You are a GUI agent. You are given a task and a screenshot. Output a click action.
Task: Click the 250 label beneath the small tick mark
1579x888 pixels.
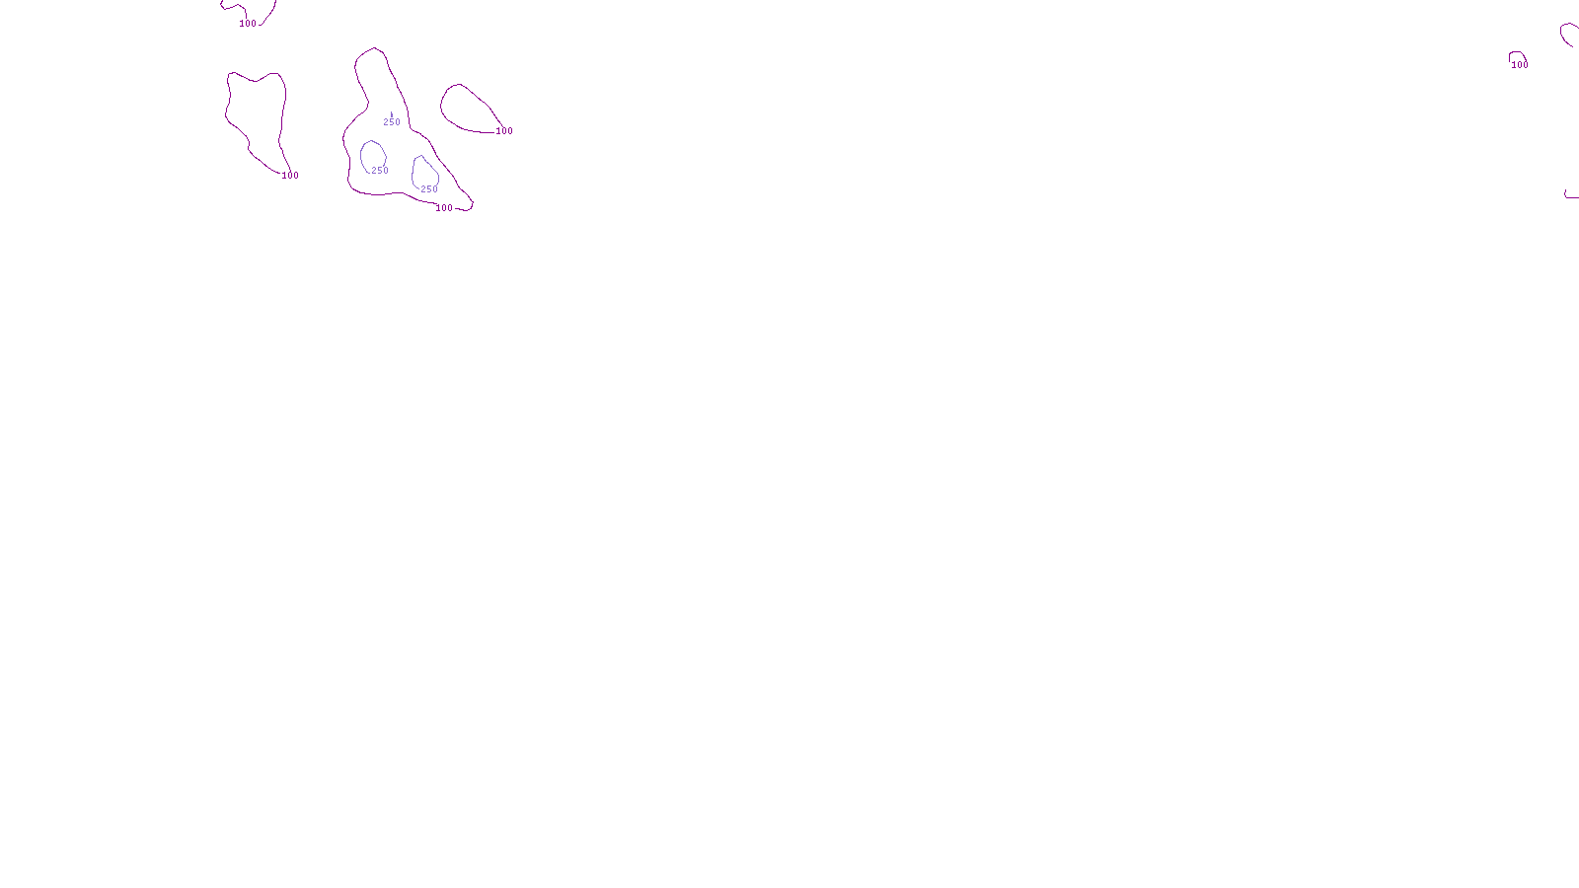[392, 122]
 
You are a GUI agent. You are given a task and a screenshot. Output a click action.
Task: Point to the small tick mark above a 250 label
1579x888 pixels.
[392, 113]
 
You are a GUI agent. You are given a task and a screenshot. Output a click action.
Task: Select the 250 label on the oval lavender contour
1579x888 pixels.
[380, 171]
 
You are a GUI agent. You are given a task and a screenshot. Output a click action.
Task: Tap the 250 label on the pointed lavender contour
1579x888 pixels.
[429, 189]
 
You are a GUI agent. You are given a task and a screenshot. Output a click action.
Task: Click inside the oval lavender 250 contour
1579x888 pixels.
[372, 156]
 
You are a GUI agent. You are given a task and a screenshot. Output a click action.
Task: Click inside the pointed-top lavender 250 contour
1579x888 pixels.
[424, 173]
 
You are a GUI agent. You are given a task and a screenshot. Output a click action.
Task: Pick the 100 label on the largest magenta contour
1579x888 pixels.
[444, 208]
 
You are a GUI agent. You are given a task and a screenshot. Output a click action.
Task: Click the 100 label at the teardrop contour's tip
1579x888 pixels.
[504, 131]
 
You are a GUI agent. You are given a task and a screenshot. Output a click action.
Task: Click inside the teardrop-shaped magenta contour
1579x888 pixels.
[464, 109]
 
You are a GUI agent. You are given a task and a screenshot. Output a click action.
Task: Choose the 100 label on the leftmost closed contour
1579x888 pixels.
[290, 176]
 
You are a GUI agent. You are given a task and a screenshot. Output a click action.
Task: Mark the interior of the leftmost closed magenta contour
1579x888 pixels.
[257, 113]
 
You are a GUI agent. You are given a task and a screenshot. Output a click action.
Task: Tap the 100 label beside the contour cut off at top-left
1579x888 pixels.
[248, 24]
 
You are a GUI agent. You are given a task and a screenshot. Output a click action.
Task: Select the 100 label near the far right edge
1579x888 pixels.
[1520, 65]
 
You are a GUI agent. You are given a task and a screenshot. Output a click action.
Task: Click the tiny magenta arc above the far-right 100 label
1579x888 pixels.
[1518, 53]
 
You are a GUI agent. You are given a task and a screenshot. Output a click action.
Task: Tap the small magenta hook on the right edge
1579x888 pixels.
[1569, 196]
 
